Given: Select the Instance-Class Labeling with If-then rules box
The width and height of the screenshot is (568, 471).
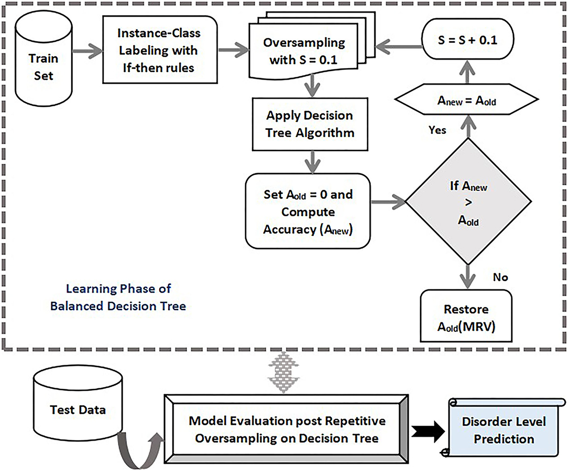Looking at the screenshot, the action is point(160,50).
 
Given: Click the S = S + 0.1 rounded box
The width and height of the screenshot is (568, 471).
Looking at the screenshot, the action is point(468,40).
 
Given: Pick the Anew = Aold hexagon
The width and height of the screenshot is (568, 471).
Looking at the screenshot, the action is point(466,99).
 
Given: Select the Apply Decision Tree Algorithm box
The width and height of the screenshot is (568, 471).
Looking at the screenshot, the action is point(310,124).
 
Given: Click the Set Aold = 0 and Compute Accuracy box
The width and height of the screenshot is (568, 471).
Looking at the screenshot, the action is point(308,211).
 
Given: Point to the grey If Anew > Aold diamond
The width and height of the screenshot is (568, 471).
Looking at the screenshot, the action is point(468,201).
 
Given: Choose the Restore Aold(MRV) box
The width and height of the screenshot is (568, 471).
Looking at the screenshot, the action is point(466,316).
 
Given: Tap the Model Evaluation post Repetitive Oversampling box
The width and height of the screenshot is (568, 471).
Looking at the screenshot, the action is point(287,430).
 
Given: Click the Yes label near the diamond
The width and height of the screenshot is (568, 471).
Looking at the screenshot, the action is point(437,130).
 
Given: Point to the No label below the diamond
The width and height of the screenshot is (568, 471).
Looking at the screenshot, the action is point(500,277).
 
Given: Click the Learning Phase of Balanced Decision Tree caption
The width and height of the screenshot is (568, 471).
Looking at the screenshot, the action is point(118,297).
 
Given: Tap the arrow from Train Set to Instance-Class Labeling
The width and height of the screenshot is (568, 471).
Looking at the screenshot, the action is point(88,50).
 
